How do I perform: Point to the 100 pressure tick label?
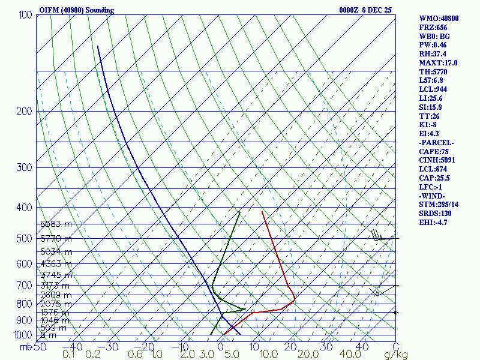pos(25,14)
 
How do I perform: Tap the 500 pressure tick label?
pos(25,239)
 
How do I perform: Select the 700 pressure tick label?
pos(25,286)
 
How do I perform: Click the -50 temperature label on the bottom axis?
pos(38,347)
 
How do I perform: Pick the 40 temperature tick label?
pos(362,347)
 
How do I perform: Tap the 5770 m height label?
pos(56,239)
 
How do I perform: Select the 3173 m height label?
pos(56,285)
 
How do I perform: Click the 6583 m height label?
pos(56,224)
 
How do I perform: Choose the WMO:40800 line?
pos(439,19)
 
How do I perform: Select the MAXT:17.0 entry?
pos(438,62)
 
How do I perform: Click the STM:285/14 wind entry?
pos(440,205)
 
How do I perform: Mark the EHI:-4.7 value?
pos(434,223)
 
